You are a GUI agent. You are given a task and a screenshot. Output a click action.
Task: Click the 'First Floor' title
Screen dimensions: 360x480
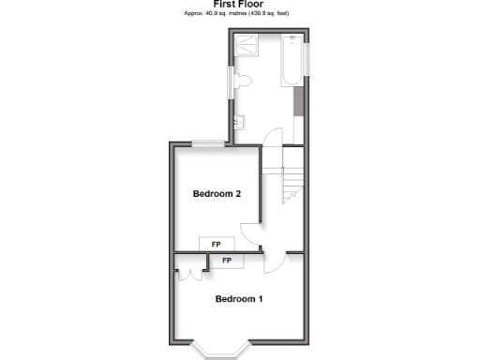coord(240,5)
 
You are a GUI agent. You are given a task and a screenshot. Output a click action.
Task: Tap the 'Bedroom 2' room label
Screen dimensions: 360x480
coord(217,194)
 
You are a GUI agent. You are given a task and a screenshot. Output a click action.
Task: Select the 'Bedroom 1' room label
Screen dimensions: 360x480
coord(239,299)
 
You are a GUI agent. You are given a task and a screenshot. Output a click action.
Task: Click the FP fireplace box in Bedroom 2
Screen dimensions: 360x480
coord(217,244)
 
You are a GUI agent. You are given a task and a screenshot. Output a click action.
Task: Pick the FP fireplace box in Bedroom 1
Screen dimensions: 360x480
coord(227,260)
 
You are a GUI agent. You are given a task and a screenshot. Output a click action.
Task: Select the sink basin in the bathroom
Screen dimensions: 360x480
coord(239,121)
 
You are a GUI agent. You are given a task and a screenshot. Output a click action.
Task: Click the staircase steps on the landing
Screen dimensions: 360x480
coord(293,177)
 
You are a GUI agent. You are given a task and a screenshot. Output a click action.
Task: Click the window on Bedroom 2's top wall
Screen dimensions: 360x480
coord(208,142)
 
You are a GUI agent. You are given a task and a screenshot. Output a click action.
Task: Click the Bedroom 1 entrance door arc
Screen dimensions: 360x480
coord(275,263)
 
